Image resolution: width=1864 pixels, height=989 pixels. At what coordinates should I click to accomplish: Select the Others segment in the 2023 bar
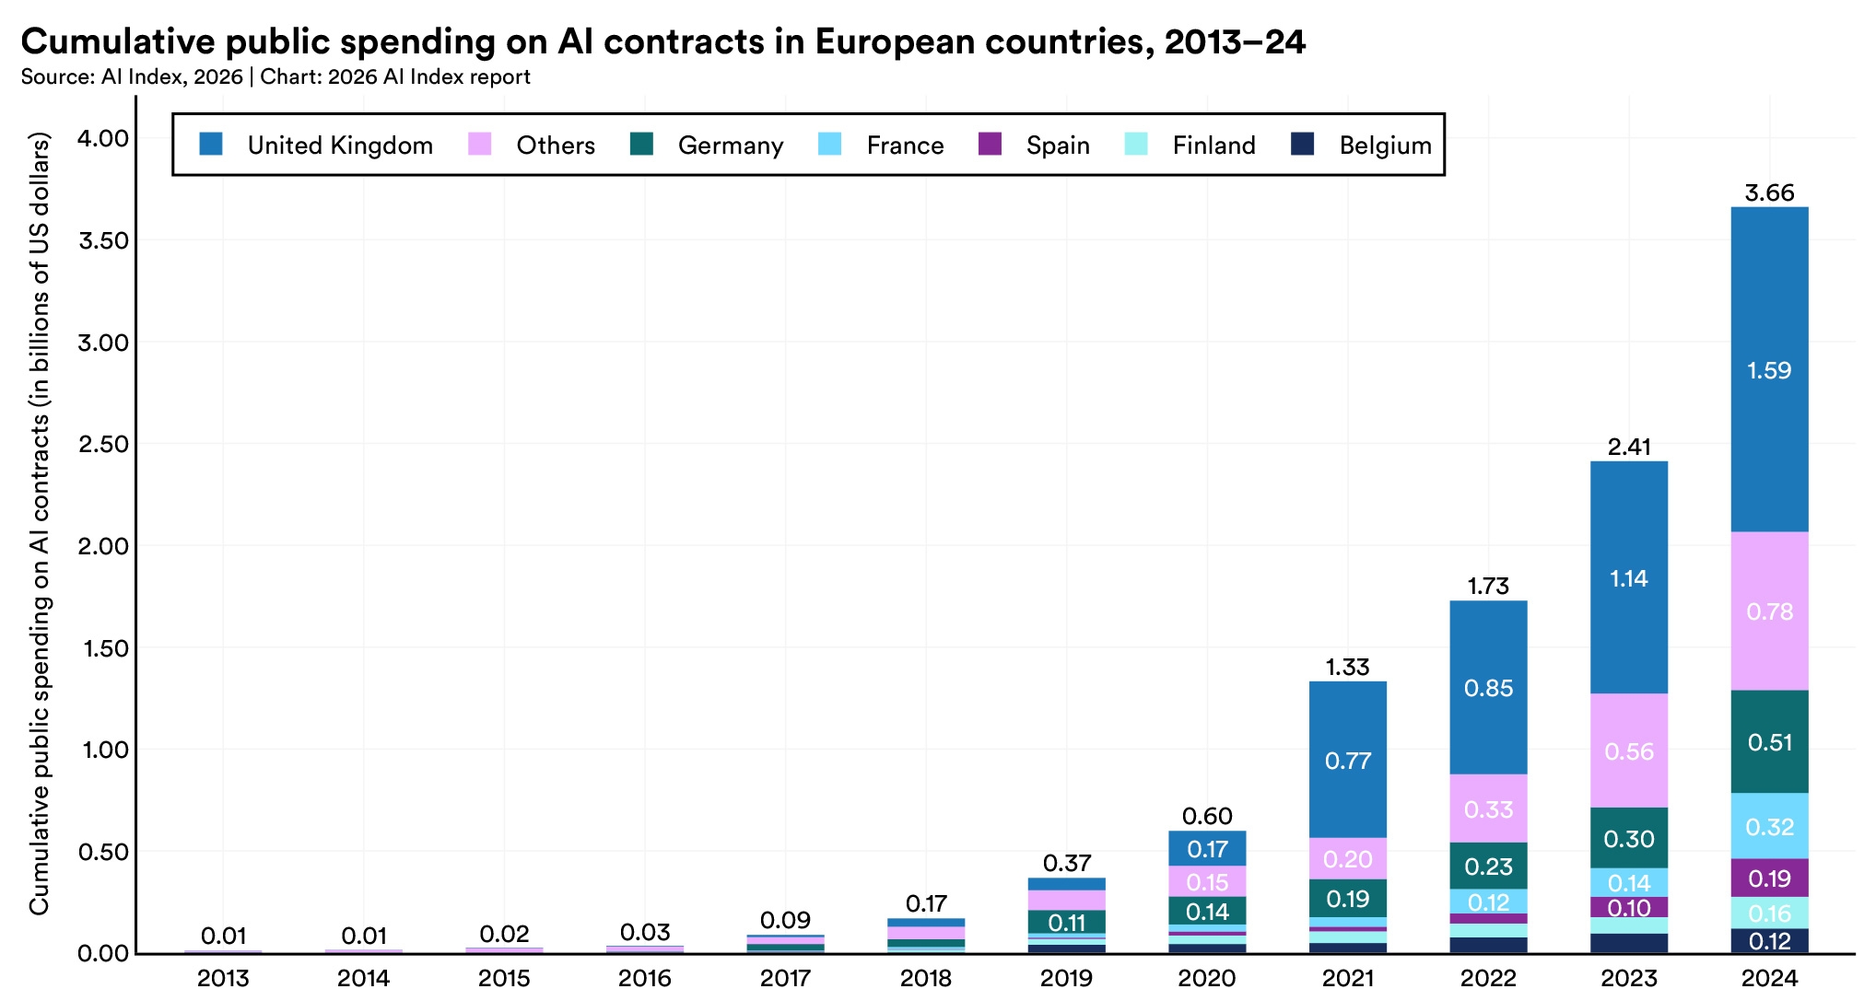pos(1628,750)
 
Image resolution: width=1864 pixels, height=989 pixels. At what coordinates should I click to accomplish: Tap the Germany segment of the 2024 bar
pos(1769,741)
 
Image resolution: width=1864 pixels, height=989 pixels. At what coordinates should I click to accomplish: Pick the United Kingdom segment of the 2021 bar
pos(1347,760)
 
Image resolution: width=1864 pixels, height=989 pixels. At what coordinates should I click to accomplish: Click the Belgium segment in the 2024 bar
pos(1769,941)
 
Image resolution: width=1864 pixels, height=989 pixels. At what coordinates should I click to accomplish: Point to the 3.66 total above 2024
pos(1769,193)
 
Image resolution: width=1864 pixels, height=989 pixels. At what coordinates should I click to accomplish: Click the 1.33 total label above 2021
pos(1347,667)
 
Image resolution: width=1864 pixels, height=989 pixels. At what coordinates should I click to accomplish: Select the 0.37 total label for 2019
pos(1066,864)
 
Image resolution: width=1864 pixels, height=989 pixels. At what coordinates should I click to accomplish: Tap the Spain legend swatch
pos(990,145)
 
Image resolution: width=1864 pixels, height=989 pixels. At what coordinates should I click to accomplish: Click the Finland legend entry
pos(1213,145)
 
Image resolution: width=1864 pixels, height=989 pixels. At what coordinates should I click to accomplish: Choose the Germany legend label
pos(730,145)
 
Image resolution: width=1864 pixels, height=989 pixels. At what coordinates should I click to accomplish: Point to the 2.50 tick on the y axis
pos(104,444)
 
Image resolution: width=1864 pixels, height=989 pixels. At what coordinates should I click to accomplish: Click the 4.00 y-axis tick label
pos(104,138)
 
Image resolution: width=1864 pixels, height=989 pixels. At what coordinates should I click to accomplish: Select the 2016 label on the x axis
pos(645,977)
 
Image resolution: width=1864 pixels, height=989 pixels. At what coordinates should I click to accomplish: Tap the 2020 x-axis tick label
pos(1207,977)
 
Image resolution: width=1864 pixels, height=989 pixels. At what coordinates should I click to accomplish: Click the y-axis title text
pos(39,525)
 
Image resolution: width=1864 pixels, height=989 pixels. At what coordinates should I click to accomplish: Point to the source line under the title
pos(275,76)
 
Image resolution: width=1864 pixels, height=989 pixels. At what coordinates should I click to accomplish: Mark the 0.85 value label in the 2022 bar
pos(1488,688)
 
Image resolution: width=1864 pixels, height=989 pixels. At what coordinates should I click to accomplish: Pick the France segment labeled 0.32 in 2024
pos(1769,826)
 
